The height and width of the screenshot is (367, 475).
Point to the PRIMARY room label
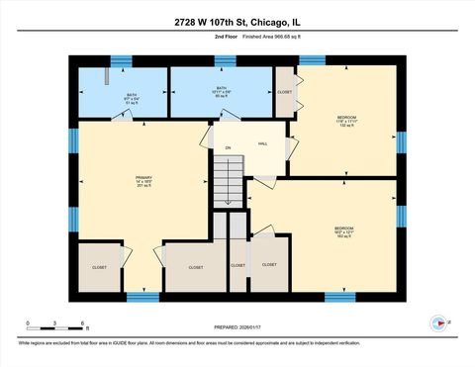click(x=143, y=181)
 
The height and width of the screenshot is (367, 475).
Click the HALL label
click(x=263, y=144)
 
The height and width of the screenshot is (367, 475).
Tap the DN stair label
click(x=227, y=148)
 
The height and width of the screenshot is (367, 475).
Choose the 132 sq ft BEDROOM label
click(x=346, y=121)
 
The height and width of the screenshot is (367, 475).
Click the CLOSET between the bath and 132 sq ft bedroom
click(x=285, y=92)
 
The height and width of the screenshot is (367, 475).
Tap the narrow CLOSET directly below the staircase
click(x=237, y=265)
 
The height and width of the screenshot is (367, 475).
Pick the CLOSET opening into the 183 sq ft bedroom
click(x=269, y=264)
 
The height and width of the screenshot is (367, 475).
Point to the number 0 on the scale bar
click(x=28, y=322)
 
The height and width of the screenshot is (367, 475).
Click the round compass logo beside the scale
click(x=435, y=321)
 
